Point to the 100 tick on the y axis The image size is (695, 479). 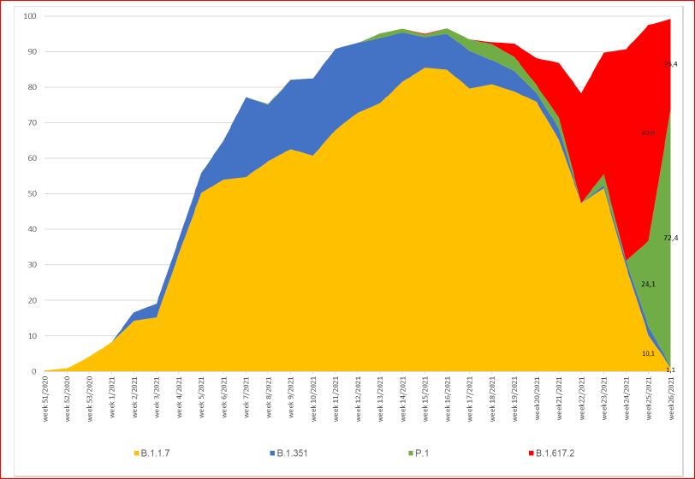pyautogui.click(x=29, y=16)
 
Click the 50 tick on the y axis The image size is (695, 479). pyautogui.click(x=31, y=194)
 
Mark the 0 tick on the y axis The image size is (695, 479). pyautogui.click(x=33, y=372)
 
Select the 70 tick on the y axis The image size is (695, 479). pyautogui.click(x=31, y=123)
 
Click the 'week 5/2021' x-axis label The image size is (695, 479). pyautogui.click(x=201, y=400)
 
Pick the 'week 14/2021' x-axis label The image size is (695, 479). pyautogui.click(x=403, y=402)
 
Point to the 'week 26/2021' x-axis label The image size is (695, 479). pyautogui.click(x=671, y=402)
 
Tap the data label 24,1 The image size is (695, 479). pyautogui.click(x=648, y=284)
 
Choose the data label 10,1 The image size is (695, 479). pyautogui.click(x=648, y=353)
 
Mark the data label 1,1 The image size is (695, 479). pyautogui.click(x=670, y=369)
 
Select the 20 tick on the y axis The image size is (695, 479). pyautogui.click(x=31, y=301)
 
